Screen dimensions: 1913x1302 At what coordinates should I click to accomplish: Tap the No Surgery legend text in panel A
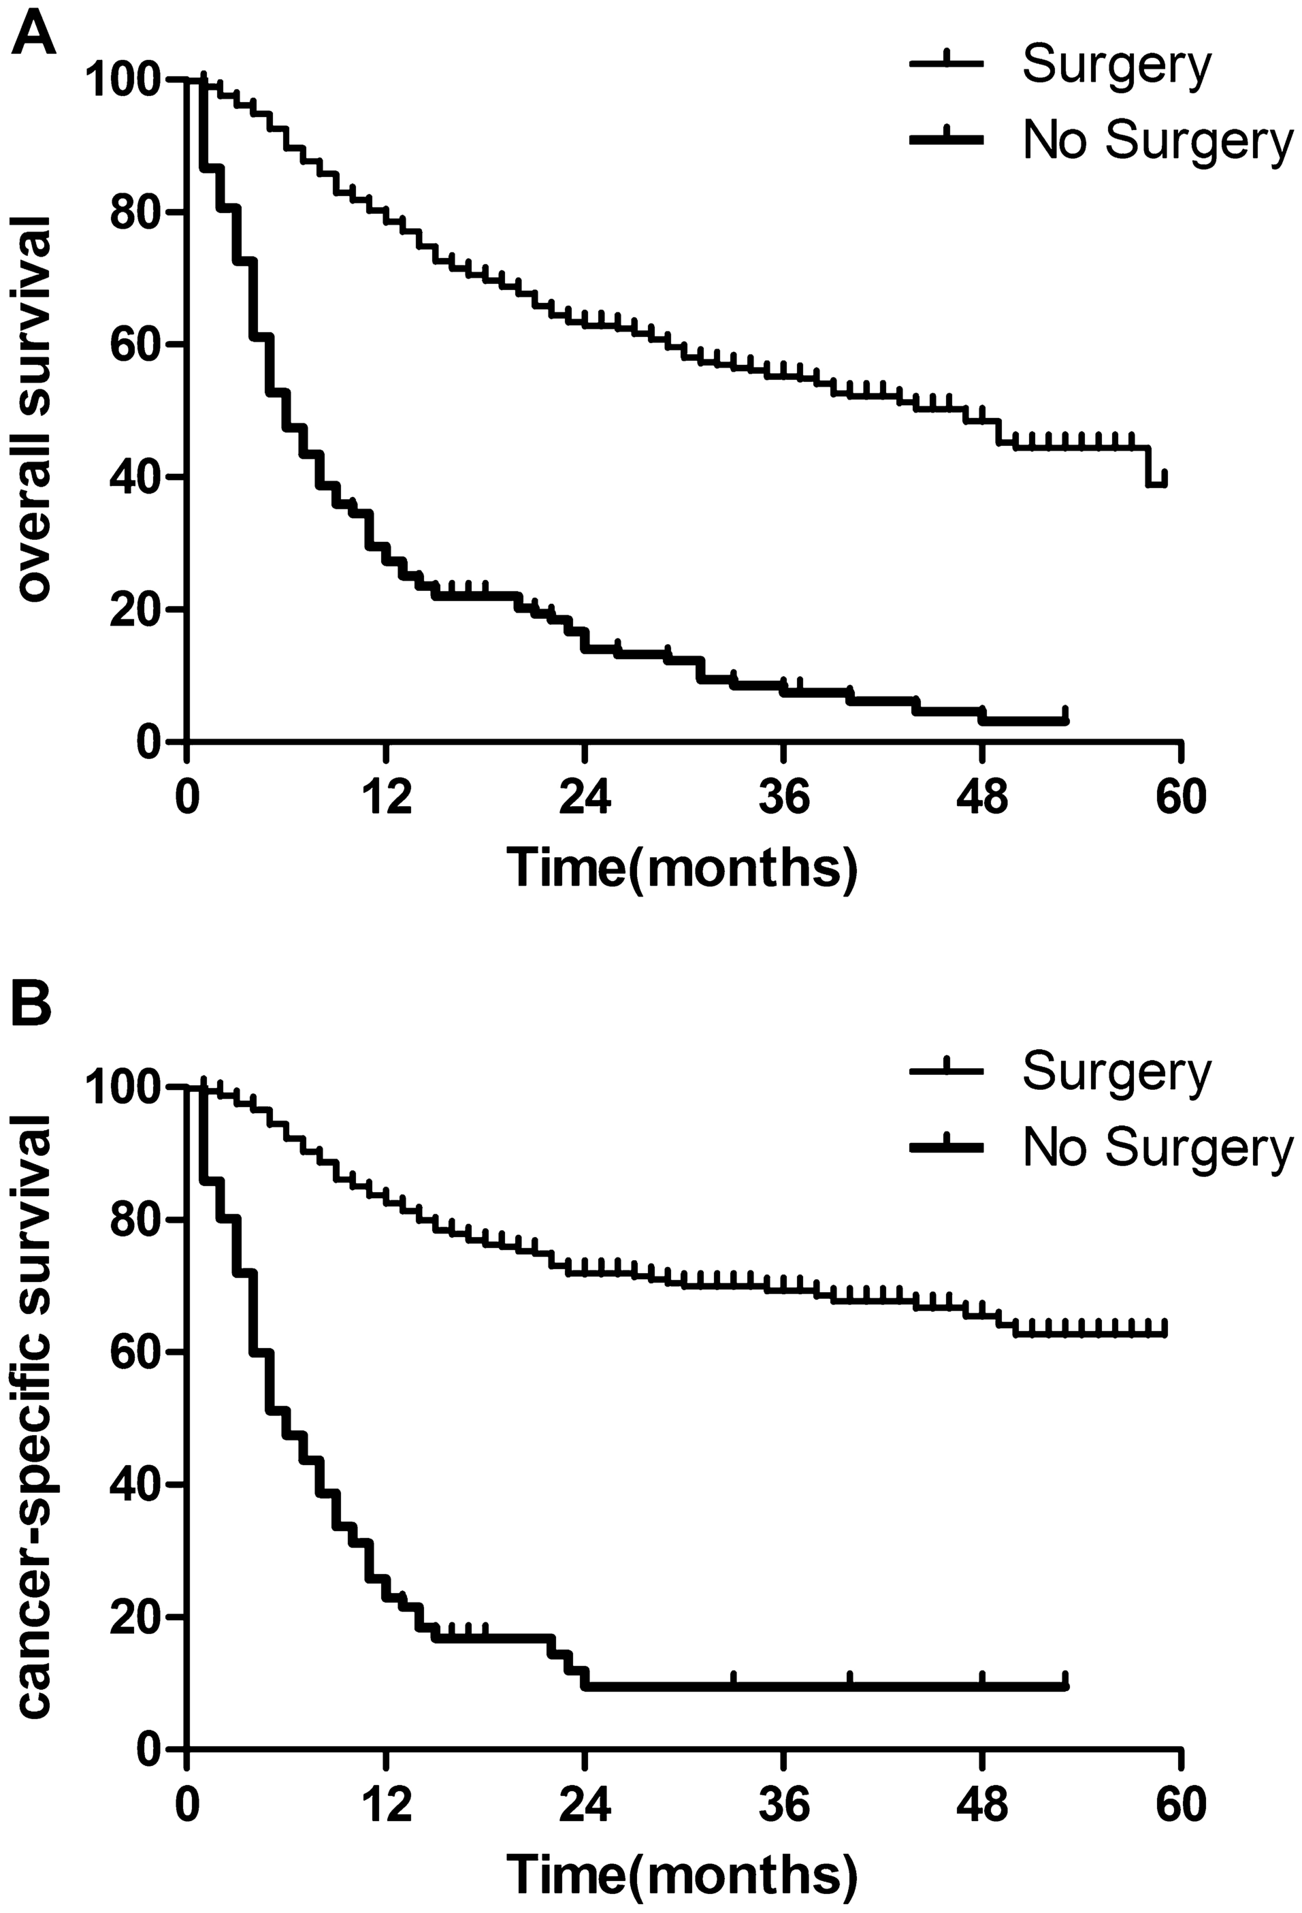(1157, 141)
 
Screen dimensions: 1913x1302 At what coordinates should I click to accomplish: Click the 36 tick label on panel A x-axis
(783, 798)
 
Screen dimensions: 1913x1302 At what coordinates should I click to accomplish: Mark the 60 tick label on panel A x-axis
(1181, 798)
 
